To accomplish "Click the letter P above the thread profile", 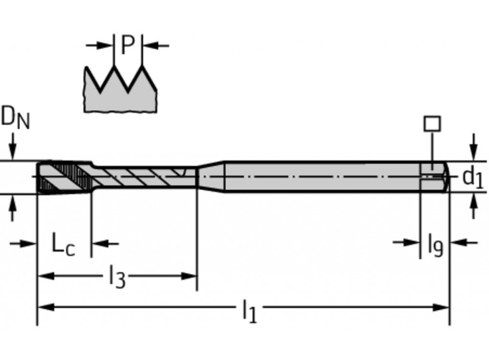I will [128, 45].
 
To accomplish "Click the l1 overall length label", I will [249, 311].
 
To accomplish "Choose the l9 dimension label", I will [435, 245].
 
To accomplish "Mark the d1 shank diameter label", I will [472, 177].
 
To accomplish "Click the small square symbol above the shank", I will [432, 123].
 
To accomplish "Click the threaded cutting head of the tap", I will [64, 177].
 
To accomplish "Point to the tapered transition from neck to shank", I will [210, 176].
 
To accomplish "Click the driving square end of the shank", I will [434, 176].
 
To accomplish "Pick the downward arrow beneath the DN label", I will [13, 149].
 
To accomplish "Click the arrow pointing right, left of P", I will [105, 45].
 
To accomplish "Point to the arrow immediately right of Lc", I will [99, 243].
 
